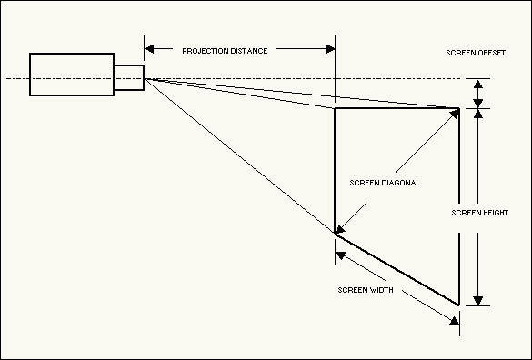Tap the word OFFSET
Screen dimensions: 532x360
point(492,53)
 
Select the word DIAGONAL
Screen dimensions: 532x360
point(401,183)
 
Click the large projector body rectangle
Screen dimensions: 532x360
point(72,75)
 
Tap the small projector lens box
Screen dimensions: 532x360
point(129,77)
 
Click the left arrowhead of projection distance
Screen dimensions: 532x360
point(149,49)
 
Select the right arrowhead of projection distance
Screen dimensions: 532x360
point(330,49)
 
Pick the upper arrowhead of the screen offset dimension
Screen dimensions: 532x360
point(478,85)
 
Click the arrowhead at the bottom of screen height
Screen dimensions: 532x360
point(478,301)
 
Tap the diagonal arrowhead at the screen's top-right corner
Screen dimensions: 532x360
point(455,114)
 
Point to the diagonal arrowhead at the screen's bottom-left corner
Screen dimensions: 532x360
point(341,229)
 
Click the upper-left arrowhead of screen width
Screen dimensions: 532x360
point(340,255)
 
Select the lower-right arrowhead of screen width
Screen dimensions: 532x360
point(455,321)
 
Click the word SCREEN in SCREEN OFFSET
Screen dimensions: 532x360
point(461,53)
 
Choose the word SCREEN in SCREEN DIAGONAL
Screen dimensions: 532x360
point(365,183)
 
